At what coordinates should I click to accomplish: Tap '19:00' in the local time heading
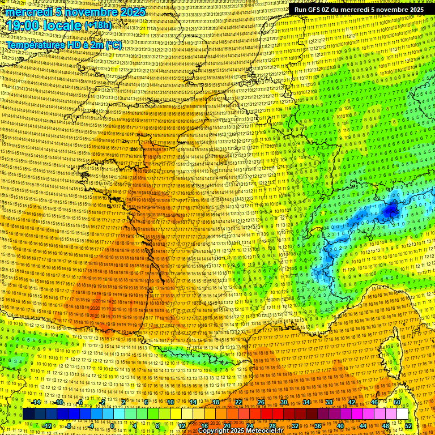point(25,25)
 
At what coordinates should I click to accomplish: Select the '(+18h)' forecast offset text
point(99,25)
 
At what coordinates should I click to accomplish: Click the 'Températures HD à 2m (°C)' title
point(64,45)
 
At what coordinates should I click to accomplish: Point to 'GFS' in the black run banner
point(315,10)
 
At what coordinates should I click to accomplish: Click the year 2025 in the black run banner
point(413,10)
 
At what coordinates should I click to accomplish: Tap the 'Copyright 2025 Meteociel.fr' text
point(240,430)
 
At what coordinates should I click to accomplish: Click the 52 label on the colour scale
point(409,426)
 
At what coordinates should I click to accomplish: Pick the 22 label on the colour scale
point(238,402)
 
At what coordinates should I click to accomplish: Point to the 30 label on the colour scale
point(284,402)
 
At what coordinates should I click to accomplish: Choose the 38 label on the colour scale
point(329,402)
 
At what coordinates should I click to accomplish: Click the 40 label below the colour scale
point(340,426)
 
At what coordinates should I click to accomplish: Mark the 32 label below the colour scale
point(295,426)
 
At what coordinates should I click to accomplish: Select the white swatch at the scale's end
point(402,414)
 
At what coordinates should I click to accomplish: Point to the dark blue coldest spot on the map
point(390,211)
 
